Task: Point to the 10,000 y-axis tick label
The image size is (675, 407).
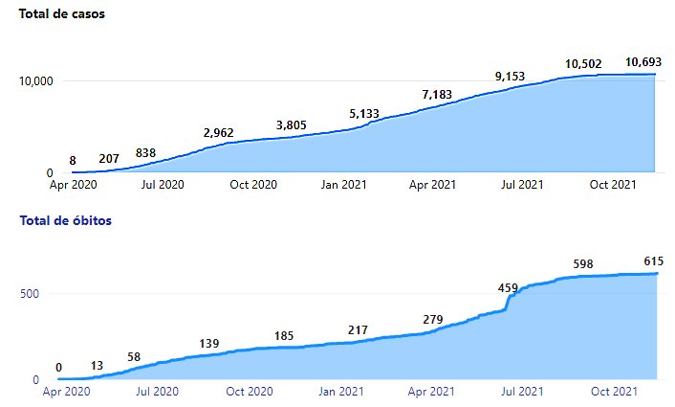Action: [34, 80]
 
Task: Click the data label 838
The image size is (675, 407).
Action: [146, 152]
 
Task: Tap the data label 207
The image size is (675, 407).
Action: [109, 158]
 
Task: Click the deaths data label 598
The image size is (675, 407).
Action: [584, 263]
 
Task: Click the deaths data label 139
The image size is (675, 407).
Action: [209, 343]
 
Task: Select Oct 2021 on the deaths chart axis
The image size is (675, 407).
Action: [614, 391]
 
